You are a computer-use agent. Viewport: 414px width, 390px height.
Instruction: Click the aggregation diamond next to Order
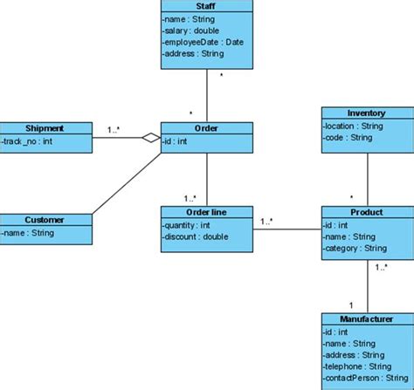(x=151, y=139)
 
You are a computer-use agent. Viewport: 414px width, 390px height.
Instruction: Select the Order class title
(x=207, y=128)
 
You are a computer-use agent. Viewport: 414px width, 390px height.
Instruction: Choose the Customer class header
(x=45, y=220)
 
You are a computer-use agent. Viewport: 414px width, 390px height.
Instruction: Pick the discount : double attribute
(x=197, y=236)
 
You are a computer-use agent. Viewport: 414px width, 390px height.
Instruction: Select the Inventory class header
(x=366, y=113)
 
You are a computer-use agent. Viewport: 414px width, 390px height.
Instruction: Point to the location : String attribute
(x=354, y=126)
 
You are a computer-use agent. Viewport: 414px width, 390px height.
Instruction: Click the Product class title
(x=366, y=212)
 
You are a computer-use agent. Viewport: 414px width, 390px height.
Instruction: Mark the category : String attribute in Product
(x=355, y=247)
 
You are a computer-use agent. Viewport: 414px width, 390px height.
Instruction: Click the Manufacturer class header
(x=366, y=319)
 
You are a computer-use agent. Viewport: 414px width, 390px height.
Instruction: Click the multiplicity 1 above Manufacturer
(x=350, y=304)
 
